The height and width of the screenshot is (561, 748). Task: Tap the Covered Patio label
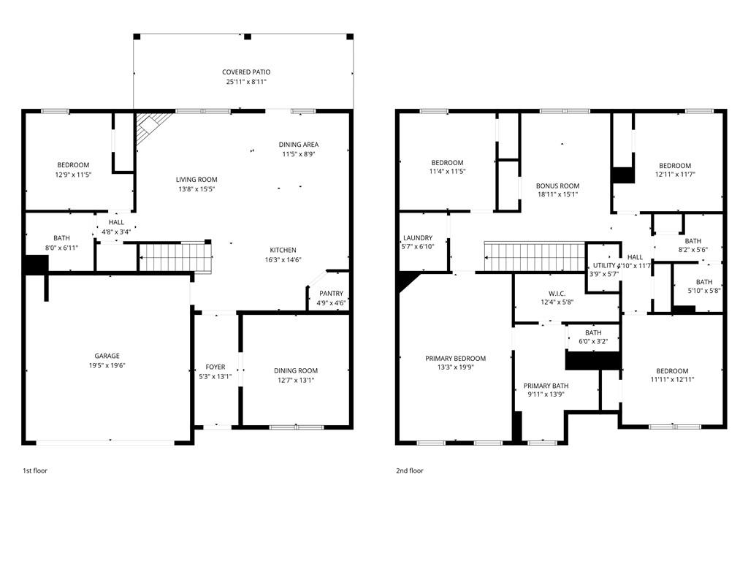pyautogui.click(x=246, y=72)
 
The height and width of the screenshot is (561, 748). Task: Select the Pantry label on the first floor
pyautogui.click(x=331, y=294)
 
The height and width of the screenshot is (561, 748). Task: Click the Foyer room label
pyautogui.click(x=215, y=367)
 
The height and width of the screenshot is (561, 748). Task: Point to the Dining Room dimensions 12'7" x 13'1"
pyautogui.click(x=296, y=380)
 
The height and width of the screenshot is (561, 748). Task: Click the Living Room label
pyautogui.click(x=196, y=180)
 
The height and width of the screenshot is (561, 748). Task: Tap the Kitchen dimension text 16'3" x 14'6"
pyautogui.click(x=284, y=260)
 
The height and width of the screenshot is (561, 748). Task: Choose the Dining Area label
pyautogui.click(x=299, y=145)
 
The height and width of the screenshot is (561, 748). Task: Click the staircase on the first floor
pyautogui.click(x=175, y=257)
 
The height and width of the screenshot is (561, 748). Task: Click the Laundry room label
pyautogui.click(x=418, y=238)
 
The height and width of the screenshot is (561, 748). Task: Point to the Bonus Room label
pyautogui.click(x=557, y=186)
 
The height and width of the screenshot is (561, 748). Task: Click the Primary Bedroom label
pyautogui.click(x=455, y=359)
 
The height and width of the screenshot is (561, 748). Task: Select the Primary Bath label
pyautogui.click(x=546, y=386)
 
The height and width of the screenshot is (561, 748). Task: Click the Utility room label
pyautogui.click(x=604, y=265)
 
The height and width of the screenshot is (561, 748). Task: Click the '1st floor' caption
pyautogui.click(x=35, y=471)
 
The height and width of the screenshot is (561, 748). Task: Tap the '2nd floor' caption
pyautogui.click(x=410, y=471)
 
